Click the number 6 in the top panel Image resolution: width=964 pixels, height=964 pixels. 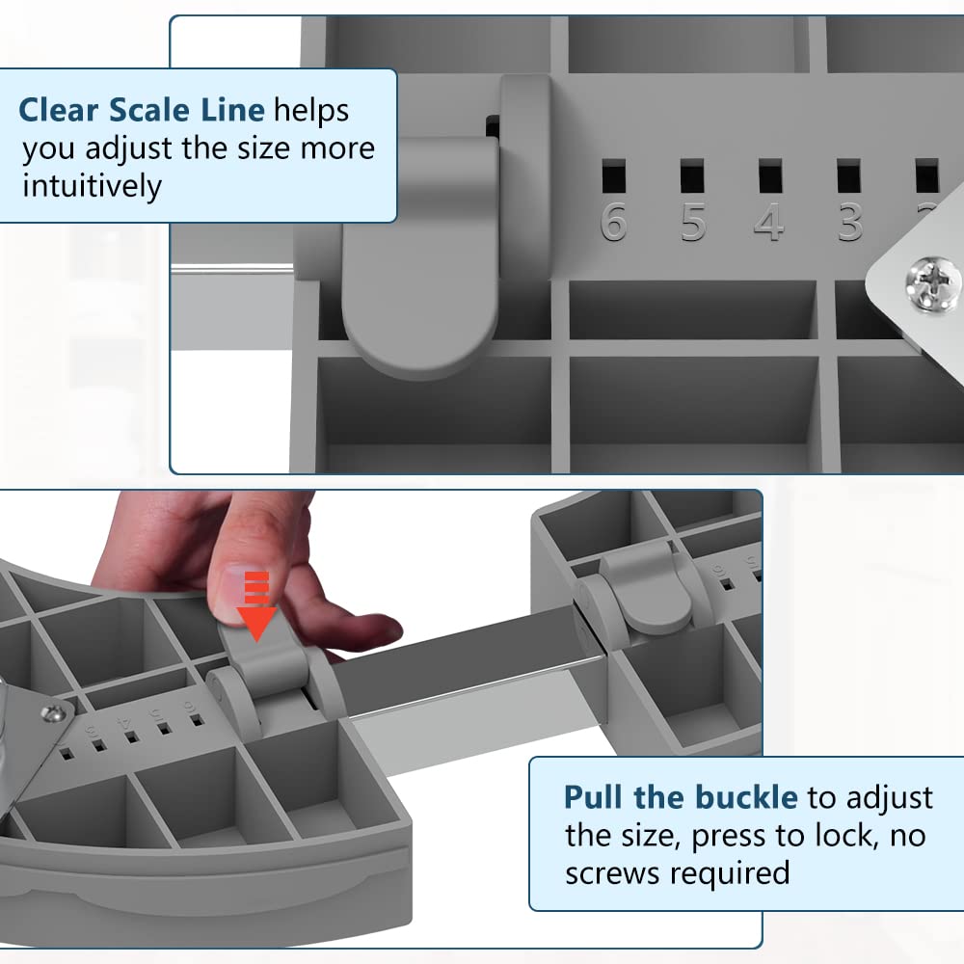(614, 221)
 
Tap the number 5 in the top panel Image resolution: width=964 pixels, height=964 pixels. (692, 221)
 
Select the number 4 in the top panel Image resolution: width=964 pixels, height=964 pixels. (769, 221)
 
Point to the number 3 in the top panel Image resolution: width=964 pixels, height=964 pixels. (848, 221)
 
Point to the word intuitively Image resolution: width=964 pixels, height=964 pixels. (93, 185)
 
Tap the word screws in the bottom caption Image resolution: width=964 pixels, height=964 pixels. (606, 872)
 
